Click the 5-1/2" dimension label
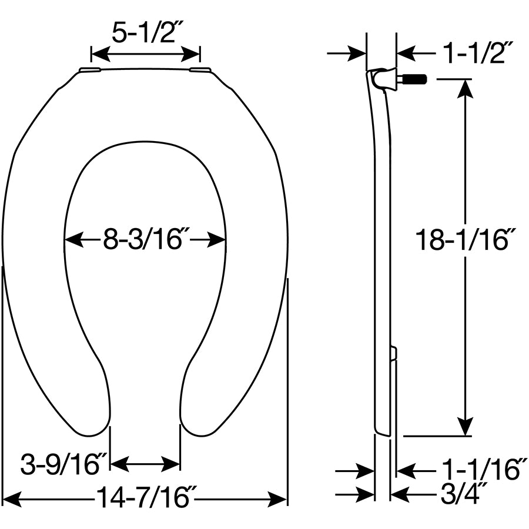pos(145,34)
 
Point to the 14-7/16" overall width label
pos(144,499)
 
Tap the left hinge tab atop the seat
pos(89,70)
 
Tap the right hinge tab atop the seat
pos(200,70)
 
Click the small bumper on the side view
pos(393,353)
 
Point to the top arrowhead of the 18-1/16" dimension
pos(466,88)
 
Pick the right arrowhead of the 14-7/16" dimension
pos(277,500)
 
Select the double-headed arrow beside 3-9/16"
pos(145,464)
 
